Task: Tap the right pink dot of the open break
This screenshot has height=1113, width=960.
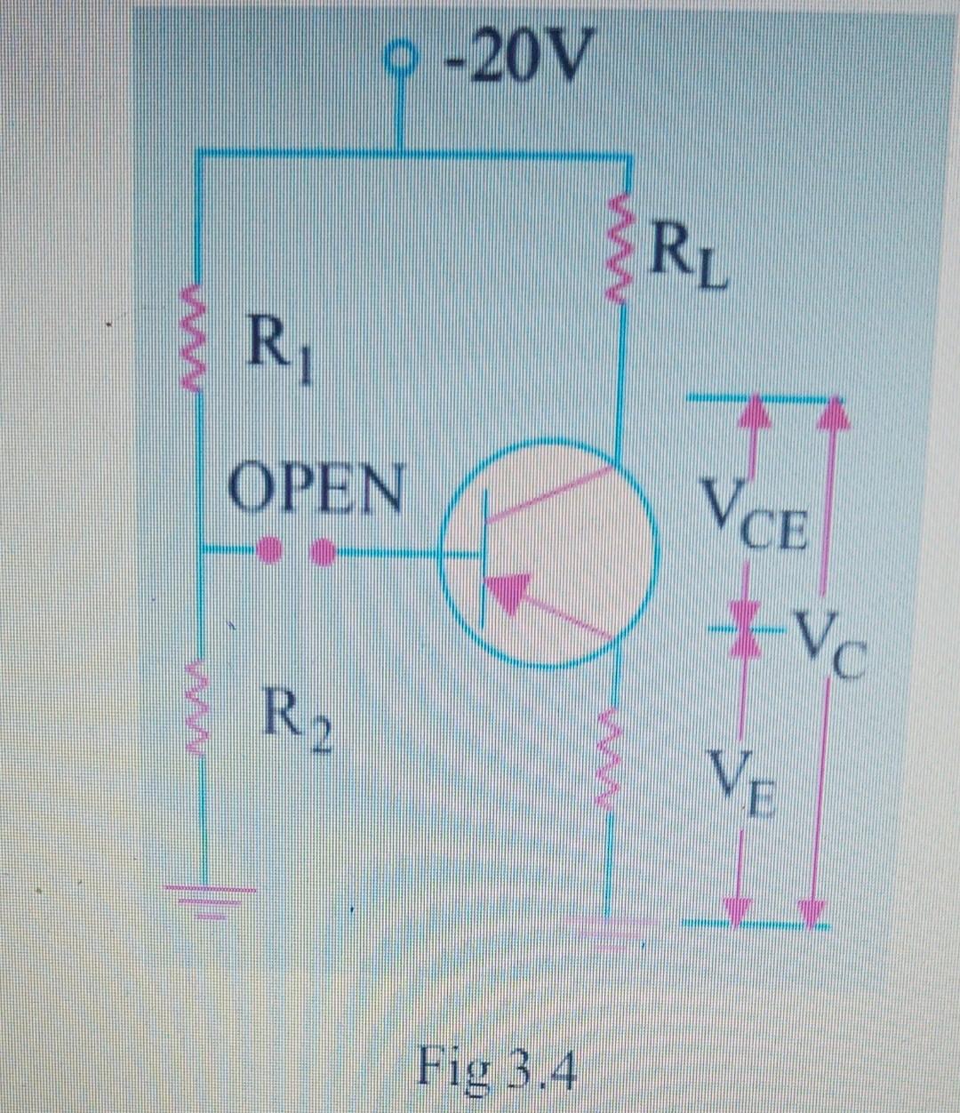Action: coord(324,553)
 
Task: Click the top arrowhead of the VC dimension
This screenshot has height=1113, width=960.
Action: coord(832,413)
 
